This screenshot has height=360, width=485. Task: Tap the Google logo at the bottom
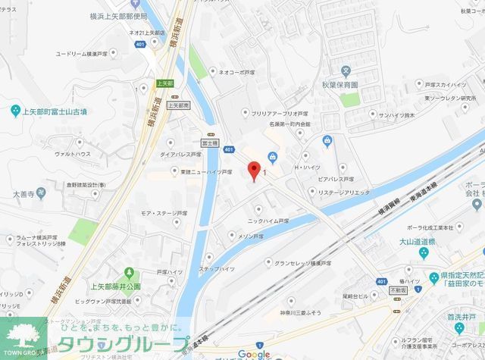click(253, 354)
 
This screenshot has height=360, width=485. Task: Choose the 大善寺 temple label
click(23, 193)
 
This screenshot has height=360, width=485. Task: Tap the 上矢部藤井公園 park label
click(115, 286)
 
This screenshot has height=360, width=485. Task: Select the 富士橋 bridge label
click(208, 142)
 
